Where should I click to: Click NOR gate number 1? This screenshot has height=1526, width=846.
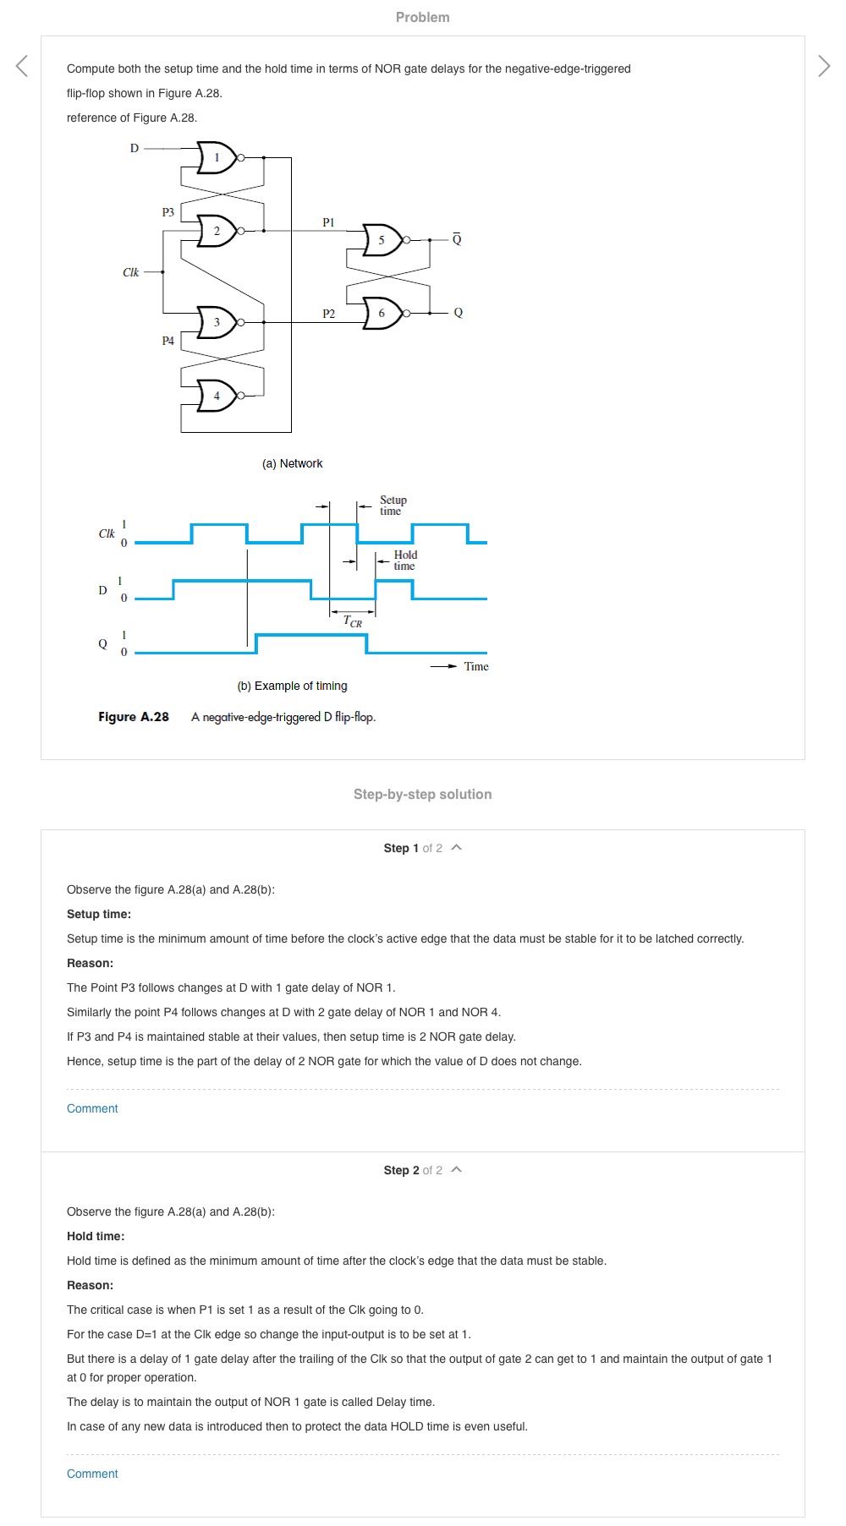(x=217, y=157)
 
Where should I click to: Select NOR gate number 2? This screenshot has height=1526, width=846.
(x=217, y=231)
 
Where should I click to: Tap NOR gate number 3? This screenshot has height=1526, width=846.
(x=217, y=322)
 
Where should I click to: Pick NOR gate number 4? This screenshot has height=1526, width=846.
(x=217, y=396)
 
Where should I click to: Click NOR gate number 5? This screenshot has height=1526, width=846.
(x=382, y=240)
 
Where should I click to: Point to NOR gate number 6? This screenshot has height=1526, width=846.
(x=382, y=313)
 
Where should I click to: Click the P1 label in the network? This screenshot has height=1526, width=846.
(x=328, y=222)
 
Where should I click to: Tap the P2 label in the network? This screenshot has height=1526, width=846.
(x=328, y=314)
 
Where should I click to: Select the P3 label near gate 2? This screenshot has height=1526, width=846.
(x=168, y=212)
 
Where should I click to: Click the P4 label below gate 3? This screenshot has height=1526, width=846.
(x=168, y=341)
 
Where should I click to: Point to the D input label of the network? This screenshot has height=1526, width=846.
(x=134, y=148)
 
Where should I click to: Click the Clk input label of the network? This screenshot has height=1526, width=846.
(x=130, y=272)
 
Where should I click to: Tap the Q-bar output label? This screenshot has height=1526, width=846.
(x=457, y=239)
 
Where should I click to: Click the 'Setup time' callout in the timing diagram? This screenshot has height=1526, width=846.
(x=393, y=506)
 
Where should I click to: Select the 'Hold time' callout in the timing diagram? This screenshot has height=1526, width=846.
(x=404, y=561)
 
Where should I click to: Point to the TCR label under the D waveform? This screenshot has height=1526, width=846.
(x=352, y=621)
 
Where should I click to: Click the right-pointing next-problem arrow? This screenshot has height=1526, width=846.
(x=824, y=65)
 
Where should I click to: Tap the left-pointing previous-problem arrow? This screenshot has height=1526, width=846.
(x=22, y=65)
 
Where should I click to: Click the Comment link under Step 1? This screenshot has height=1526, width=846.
(x=92, y=1108)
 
